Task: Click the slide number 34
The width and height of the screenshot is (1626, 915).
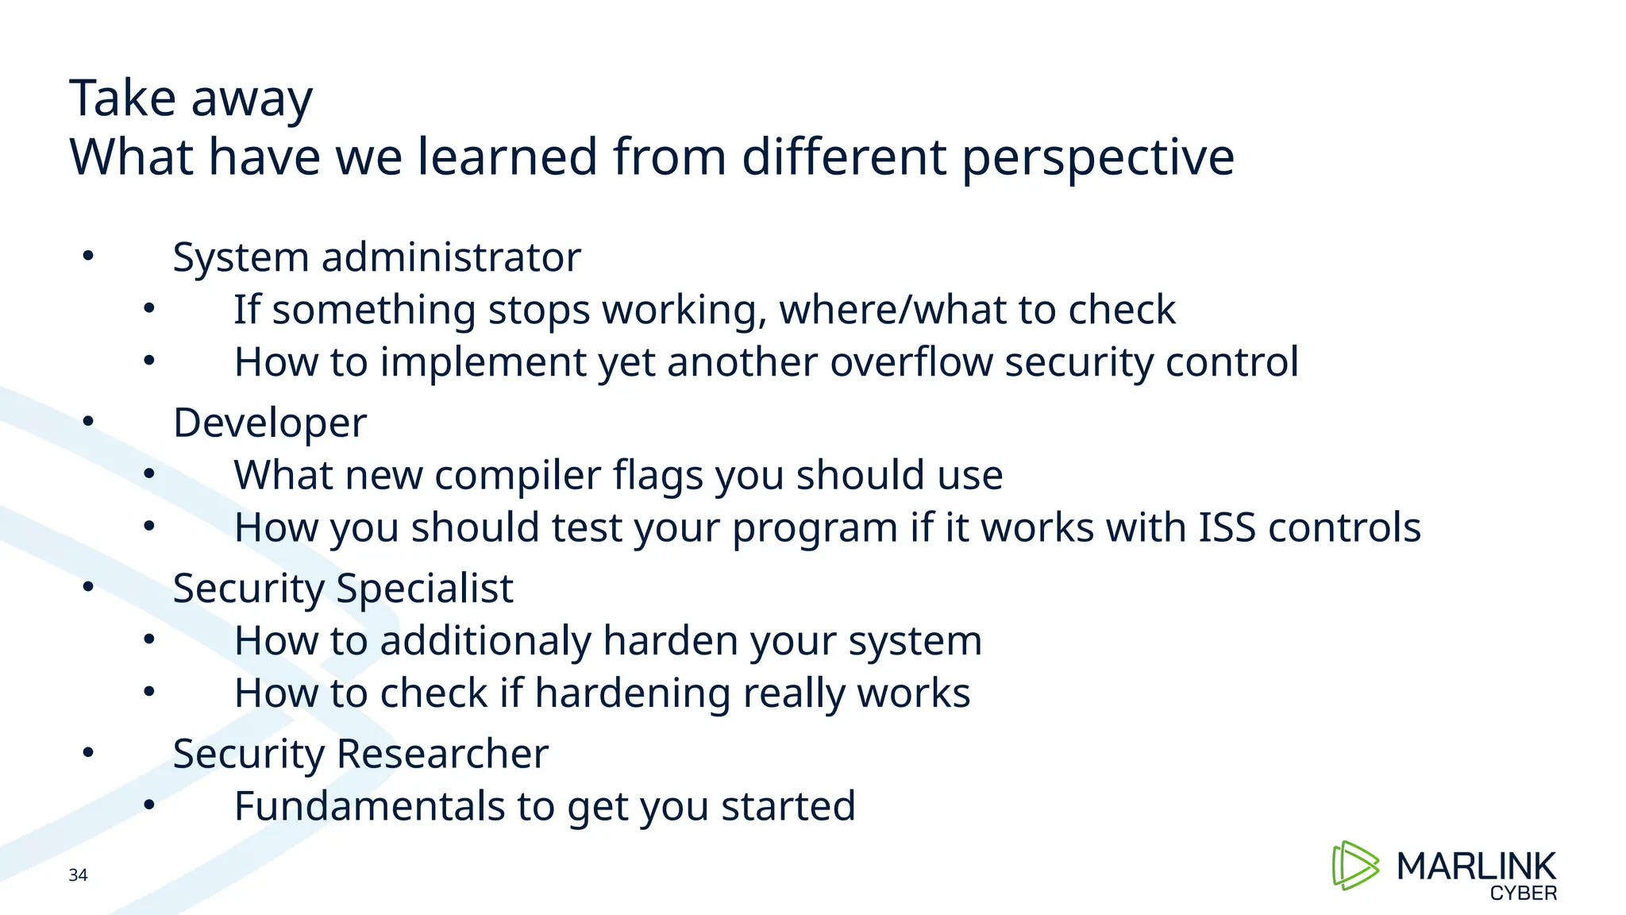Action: [78, 875]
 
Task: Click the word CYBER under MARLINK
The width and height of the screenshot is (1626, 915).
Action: [1523, 894]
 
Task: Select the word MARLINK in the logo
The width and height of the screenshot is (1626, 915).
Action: [1476, 866]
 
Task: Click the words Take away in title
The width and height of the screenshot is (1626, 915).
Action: [191, 98]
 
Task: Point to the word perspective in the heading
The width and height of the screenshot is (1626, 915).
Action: [1097, 157]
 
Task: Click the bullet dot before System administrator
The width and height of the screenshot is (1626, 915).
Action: [88, 256]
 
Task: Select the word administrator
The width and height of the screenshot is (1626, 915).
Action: [451, 257]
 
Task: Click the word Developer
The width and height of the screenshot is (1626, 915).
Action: [270, 423]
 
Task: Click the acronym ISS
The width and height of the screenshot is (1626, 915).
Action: [1227, 527]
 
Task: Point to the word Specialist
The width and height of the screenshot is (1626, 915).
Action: [424, 589]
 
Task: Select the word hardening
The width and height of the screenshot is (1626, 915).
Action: [632, 693]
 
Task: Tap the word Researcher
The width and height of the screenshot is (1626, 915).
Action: [442, 754]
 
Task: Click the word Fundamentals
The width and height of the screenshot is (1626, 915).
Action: [369, 806]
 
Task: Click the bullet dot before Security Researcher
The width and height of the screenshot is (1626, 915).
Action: [88, 751]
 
